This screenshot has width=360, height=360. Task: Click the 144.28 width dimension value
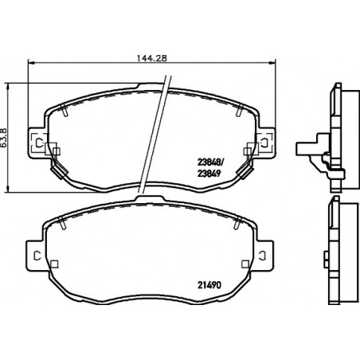tap(152, 58)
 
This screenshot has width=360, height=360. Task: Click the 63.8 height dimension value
tap(4, 137)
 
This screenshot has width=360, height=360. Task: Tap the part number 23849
tap(209, 174)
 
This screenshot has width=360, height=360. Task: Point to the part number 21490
tap(209, 285)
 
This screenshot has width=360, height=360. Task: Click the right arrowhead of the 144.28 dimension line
tap(272, 63)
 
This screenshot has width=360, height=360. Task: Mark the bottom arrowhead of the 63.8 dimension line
tap(8, 189)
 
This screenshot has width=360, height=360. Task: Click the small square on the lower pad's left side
tap(54, 264)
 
